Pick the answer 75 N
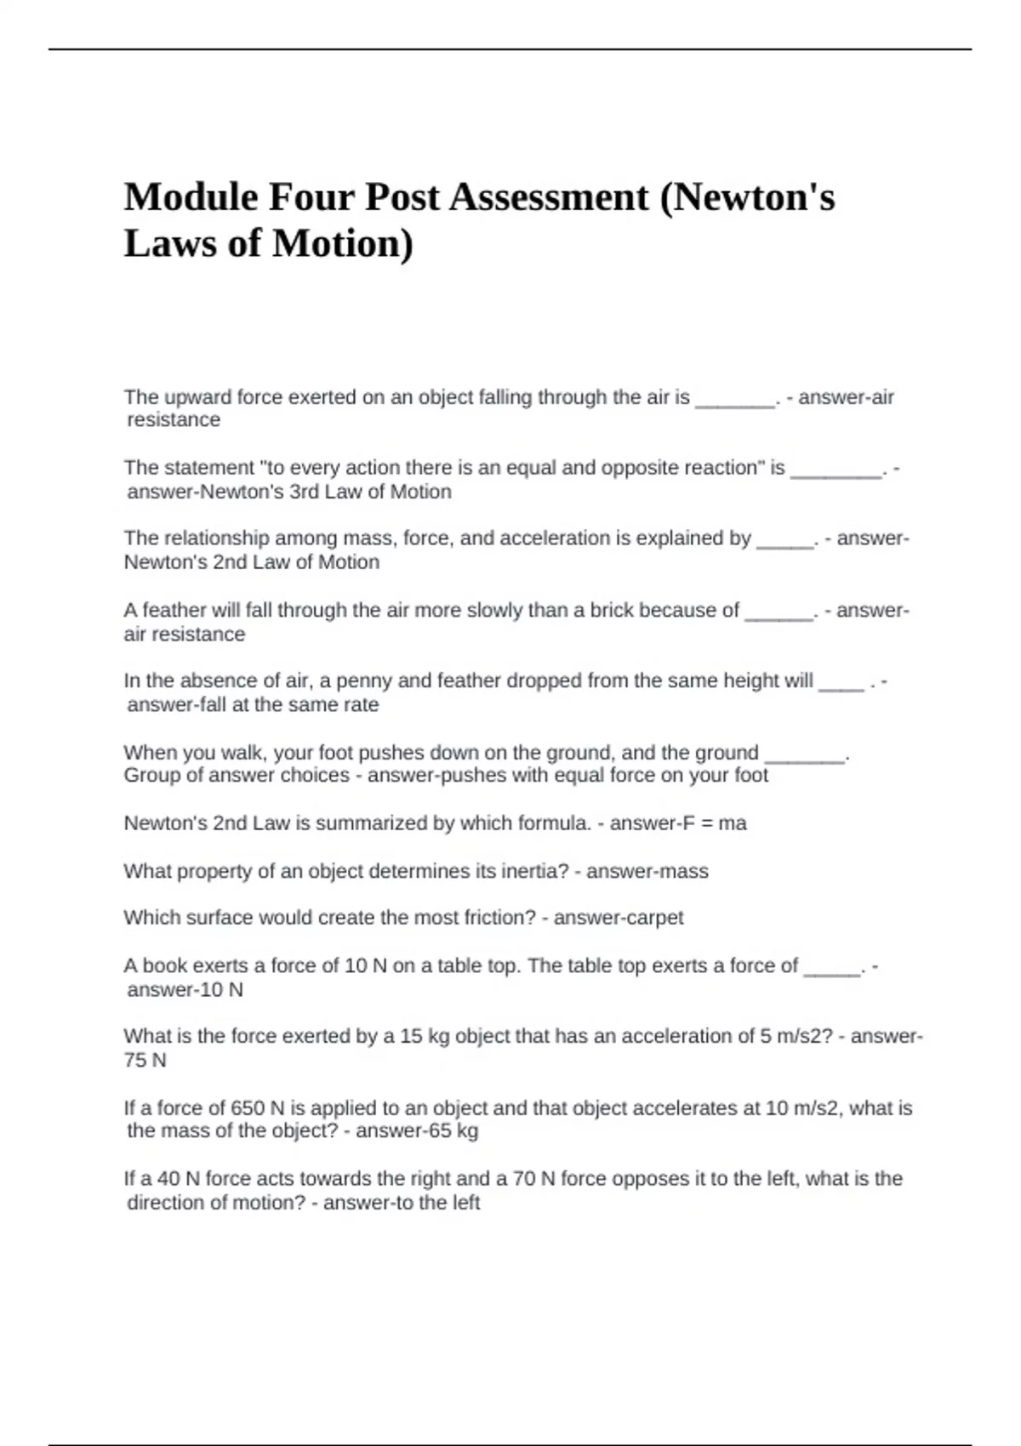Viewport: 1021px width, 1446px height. tap(145, 1060)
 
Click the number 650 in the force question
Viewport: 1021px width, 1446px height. tap(248, 1108)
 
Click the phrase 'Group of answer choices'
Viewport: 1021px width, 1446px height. tap(237, 776)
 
